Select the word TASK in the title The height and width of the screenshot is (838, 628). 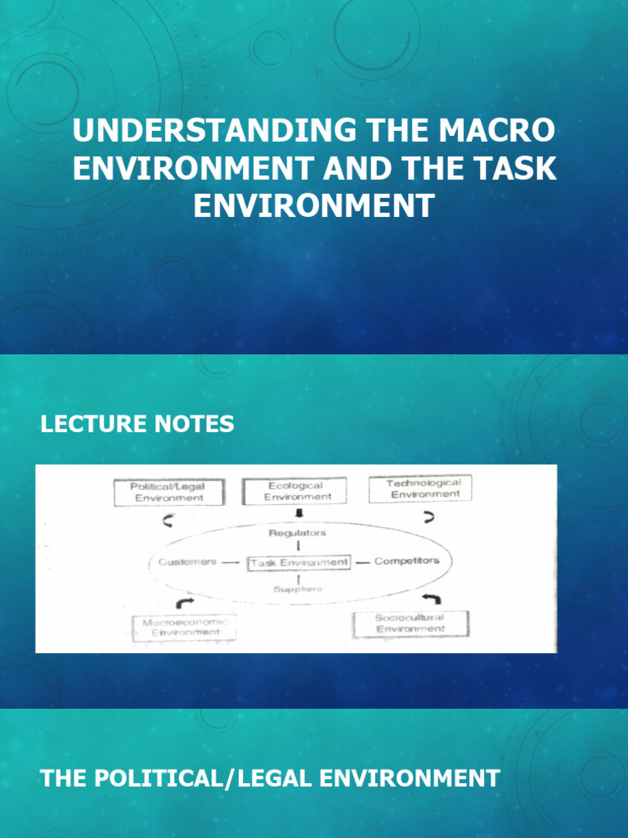(x=515, y=168)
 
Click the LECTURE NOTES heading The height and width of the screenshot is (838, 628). (x=137, y=424)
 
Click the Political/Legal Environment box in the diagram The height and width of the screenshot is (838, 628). (x=167, y=492)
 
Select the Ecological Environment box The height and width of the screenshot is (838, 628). (x=298, y=491)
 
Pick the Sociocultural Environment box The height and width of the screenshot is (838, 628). (x=410, y=624)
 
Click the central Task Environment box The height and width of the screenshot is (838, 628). (x=298, y=562)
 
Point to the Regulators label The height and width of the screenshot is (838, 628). (x=298, y=534)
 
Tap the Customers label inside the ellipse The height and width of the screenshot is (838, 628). (x=187, y=562)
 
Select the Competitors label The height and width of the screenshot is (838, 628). (x=406, y=561)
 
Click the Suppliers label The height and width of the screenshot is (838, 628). (x=298, y=588)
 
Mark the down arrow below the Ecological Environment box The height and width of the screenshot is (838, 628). (x=298, y=514)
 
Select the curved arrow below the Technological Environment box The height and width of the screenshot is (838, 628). (x=427, y=517)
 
